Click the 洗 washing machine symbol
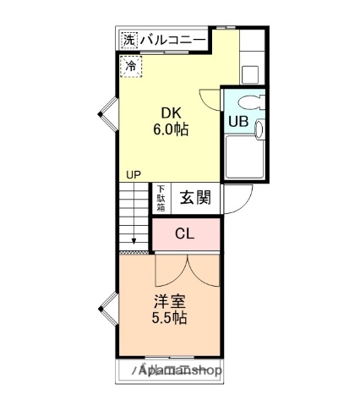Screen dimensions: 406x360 (x=128, y=40)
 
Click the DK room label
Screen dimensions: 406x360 (x=170, y=113)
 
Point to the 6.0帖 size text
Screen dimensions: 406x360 (x=170, y=130)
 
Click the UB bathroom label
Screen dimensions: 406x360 (x=238, y=120)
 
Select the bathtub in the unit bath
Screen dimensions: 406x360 (x=246, y=156)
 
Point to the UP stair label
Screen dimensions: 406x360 (x=134, y=175)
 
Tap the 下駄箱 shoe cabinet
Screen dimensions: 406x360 (x=161, y=200)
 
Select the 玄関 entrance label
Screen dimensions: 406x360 (x=195, y=199)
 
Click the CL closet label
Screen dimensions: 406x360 (x=185, y=234)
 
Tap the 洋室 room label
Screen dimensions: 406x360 (x=170, y=301)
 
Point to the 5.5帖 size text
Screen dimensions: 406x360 (x=170, y=319)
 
